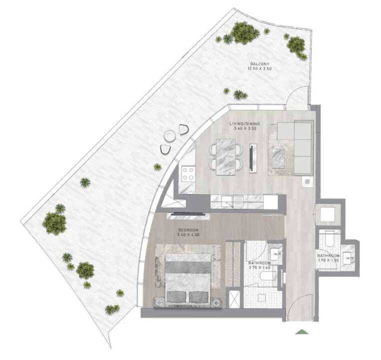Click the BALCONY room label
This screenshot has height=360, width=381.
tap(260, 64)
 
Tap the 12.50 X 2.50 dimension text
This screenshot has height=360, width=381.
tap(259, 68)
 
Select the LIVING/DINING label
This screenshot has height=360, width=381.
tap(244, 124)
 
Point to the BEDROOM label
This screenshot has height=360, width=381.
tap(188, 230)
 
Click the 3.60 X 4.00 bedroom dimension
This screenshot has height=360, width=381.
tap(188, 235)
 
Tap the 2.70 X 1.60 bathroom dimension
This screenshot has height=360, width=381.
tap(259, 267)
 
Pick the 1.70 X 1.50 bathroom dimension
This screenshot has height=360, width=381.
tap(328, 260)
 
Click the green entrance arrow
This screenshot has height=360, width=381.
tap(301, 331)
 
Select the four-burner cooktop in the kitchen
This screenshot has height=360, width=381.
tap(188, 173)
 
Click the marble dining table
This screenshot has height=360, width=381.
tap(226, 157)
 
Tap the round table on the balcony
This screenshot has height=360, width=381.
tap(169, 135)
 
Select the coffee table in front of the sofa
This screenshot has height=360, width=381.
tap(278, 158)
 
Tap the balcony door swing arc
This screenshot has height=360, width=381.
tap(296, 96)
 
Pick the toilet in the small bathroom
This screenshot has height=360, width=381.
tap(329, 238)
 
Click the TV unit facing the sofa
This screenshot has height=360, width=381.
tap(253, 158)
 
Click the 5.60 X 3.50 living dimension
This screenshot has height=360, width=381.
tap(245, 128)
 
